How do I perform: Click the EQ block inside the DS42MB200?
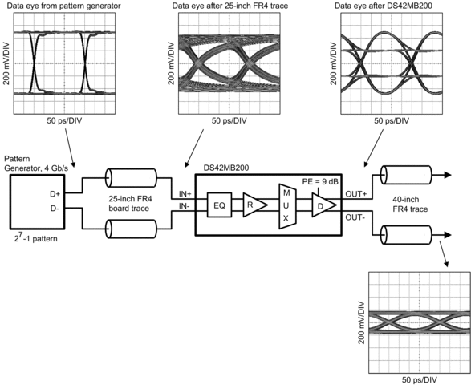point(220,205)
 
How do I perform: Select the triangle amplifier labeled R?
point(254,205)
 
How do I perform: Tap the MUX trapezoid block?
point(287,206)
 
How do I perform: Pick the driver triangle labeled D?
point(323,205)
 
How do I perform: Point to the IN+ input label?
point(185,194)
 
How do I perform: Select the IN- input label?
point(184,206)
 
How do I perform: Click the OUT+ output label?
point(356,194)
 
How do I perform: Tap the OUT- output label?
point(355,217)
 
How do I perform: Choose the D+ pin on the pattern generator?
point(55,194)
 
